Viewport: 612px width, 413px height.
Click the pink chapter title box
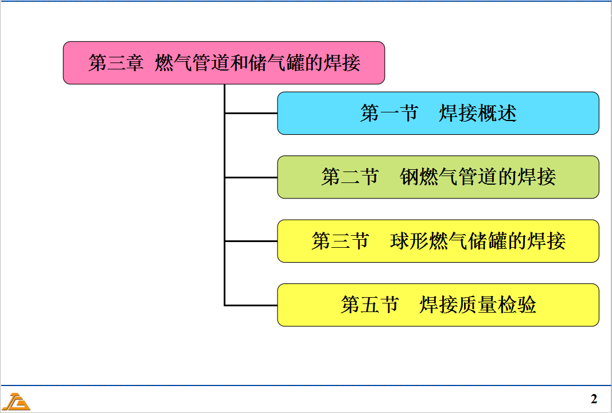[x=224, y=63]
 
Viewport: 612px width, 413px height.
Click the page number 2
[x=594, y=399]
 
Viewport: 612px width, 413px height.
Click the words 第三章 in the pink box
[x=116, y=63]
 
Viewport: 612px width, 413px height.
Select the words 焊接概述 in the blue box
[x=478, y=114]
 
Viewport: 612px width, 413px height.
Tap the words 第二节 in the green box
[x=350, y=177]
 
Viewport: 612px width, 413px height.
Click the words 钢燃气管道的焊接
[x=478, y=177]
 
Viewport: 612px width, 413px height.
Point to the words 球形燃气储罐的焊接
[x=478, y=241]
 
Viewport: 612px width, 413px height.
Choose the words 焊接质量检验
[x=478, y=305]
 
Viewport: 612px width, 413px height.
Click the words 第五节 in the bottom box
[x=369, y=305]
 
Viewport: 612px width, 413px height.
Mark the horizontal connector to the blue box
[x=251, y=114]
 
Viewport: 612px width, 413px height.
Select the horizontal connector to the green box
[x=251, y=177]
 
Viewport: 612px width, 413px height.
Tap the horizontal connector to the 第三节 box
[x=251, y=241]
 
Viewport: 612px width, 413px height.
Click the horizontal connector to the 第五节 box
[x=251, y=305]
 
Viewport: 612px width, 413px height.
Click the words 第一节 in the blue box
[x=389, y=114]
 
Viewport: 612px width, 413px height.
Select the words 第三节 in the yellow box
[x=340, y=241]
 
